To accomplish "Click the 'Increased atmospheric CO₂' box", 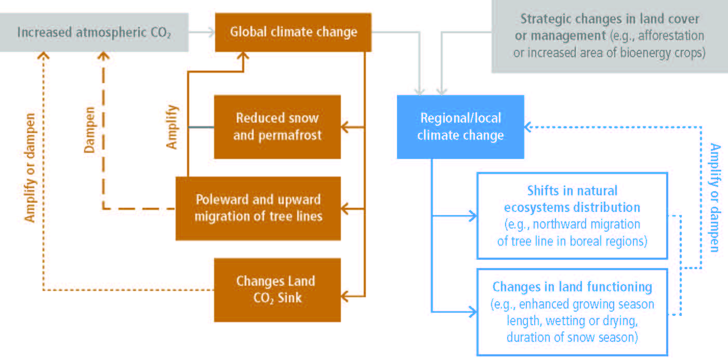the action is (x=94, y=33).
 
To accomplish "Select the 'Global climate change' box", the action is (x=293, y=32).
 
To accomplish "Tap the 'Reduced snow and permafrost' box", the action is (x=277, y=127).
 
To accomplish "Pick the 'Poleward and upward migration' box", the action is (x=258, y=209).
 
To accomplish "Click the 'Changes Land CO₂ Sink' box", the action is (x=277, y=290).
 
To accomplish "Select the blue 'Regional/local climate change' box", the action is (x=460, y=127).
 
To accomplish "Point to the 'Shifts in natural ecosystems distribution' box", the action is (x=572, y=216).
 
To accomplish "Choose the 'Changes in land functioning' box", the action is (x=572, y=312).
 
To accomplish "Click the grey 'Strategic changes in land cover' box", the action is (x=610, y=36).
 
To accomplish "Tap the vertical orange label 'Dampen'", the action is (x=89, y=130).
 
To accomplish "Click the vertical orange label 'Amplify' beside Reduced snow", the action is (x=171, y=127).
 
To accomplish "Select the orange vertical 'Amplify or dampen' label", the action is (x=30, y=168).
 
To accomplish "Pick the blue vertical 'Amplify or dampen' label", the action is (x=715, y=197).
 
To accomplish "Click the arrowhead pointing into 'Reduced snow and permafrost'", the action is (x=345, y=127).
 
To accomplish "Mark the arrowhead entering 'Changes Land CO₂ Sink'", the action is (x=345, y=296).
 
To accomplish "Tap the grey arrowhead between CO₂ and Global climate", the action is (x=212, y=32).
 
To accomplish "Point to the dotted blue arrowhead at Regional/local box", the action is (x=528, y=127).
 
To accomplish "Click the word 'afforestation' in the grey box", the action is (x=671, y=35).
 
